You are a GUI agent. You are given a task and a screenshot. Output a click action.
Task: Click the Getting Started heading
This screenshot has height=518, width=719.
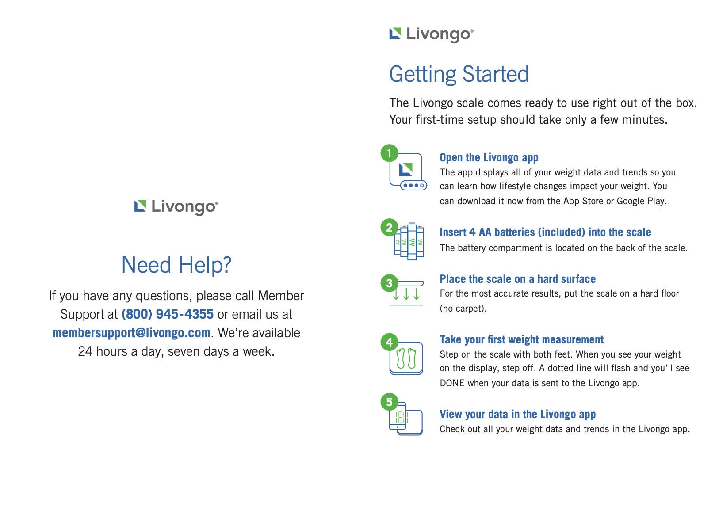459,74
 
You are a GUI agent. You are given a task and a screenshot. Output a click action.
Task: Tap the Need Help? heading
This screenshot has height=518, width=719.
176,265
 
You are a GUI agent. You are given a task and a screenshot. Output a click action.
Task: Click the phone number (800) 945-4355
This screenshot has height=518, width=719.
168,314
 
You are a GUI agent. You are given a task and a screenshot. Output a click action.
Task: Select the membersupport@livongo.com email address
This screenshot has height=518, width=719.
132,333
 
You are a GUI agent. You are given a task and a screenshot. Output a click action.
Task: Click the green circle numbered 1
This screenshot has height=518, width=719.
390,153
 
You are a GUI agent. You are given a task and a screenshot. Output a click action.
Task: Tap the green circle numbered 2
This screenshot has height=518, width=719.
390,228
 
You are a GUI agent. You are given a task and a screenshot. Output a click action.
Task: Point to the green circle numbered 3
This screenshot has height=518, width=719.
390,283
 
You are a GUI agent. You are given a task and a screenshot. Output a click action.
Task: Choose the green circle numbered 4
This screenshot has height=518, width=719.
390,342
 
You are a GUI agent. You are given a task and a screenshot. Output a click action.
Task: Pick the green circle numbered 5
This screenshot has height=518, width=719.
390,402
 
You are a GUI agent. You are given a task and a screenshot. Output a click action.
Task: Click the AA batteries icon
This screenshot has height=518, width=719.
409,241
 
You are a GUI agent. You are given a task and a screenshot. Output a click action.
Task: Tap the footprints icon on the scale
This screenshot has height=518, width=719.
406,358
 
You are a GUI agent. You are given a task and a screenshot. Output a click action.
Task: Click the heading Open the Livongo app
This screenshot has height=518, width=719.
489,158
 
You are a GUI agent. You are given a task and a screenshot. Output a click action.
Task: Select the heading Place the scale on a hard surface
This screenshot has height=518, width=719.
517,279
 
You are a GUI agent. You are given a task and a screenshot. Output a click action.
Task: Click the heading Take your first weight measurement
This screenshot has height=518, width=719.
522,340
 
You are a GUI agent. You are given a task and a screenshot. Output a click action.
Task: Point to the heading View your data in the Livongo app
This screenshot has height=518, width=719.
517,415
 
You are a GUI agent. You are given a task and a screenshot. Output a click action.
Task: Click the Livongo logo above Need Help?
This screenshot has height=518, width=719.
176,207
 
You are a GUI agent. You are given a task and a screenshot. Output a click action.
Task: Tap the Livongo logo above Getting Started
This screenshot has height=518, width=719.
432,34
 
